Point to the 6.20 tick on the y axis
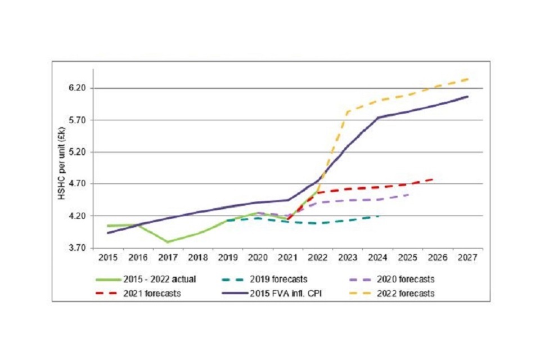(x=77, y=88)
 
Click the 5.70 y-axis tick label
(x=77, y=120)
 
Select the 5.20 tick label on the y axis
(x=77, y=152)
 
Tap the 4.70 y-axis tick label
(x=77, y=184)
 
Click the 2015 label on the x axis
(x=108, y=258)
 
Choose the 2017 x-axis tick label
(x=168, y=258)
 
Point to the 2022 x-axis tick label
(x=318, y=258)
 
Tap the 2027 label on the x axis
(x=467, y=258)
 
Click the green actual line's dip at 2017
(x=168, y=242)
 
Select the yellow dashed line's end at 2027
(x=468, y=79)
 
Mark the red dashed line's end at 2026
(x=434, y=179)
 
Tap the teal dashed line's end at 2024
(x=378, y=216)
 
